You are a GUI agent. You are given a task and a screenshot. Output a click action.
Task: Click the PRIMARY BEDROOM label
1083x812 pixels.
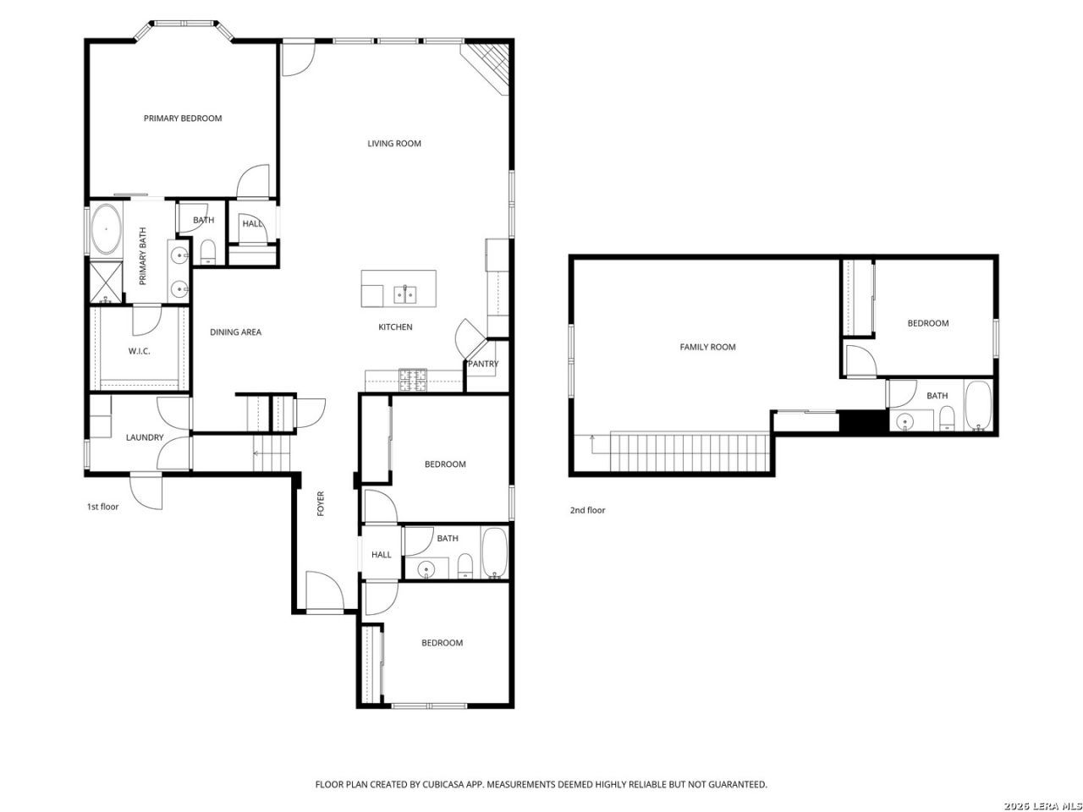tap(183, 118)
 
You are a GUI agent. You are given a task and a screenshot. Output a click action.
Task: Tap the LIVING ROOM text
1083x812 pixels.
tap(394, 144)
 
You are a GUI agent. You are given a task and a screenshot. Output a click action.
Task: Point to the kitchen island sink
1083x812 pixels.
tap(405, 294)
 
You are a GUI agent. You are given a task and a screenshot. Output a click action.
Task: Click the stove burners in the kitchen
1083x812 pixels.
tap(413, 380)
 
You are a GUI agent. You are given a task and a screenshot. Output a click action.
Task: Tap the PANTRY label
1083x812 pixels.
tap(483, 364)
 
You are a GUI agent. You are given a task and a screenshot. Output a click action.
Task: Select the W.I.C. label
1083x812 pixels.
tap(139, 351)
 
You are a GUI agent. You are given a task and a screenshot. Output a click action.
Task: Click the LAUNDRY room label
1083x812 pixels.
tap(145, 437)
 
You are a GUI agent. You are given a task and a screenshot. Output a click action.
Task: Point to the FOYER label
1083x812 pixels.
tap(321, 503)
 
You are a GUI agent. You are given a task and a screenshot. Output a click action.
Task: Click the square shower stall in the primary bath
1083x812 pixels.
tap(106, 283)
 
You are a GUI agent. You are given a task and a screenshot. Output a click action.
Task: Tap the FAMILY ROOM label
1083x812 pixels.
tap(707, 347)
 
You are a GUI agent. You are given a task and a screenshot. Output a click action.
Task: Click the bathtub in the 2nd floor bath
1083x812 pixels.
tap(978, 405)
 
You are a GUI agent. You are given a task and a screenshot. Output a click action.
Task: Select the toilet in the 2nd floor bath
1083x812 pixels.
tap(946, 418)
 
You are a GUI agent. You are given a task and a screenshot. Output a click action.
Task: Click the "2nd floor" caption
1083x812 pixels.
tap(587, 510)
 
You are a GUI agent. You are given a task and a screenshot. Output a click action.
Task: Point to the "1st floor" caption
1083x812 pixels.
tap(102, 507)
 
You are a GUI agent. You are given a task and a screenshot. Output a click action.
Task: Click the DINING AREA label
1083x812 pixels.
tap(236, 332)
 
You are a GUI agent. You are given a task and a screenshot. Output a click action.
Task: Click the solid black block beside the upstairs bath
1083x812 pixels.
tap(864, 421)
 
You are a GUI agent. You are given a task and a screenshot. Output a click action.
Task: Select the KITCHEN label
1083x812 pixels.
tap(395, 326)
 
